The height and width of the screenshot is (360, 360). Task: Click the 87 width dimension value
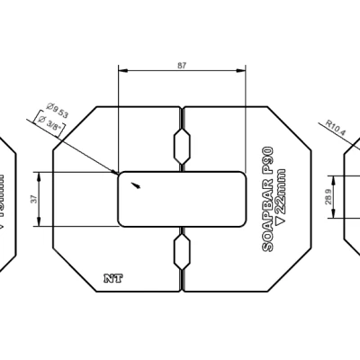[x=183, y=66]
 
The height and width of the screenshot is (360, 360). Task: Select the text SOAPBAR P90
[x=266, y=199]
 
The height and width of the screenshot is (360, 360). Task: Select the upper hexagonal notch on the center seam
[x=183, y=144]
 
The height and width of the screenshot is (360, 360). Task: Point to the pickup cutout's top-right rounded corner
[x=241, y=176]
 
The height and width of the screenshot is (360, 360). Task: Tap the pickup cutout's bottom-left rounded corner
[x=123, y=220]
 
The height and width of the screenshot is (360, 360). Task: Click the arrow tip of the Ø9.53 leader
[x=118, y=172]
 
